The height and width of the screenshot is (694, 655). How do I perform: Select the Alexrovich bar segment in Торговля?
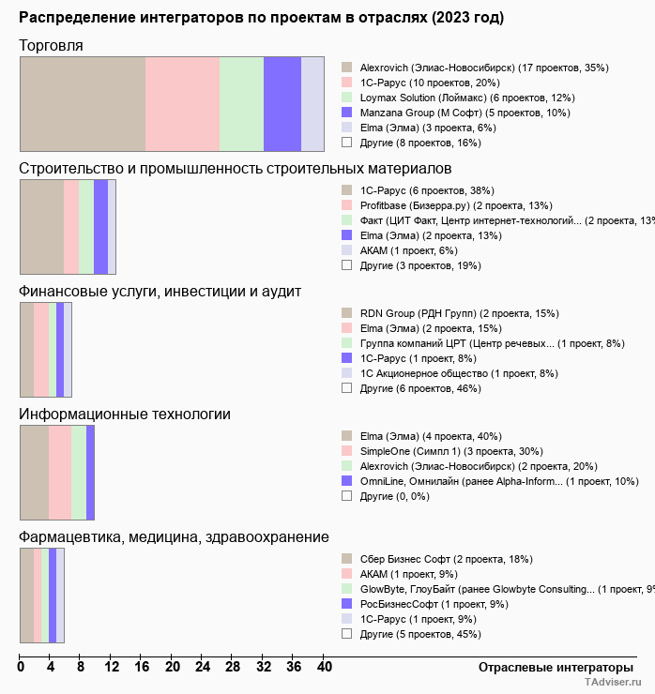[83, 103]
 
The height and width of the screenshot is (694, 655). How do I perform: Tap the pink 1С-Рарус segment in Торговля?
[182, 103]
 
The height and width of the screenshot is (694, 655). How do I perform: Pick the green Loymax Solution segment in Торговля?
[241, 103]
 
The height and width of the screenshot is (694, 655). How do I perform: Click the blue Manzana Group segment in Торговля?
[282, 103]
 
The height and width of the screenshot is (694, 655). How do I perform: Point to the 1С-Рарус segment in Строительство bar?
[41, 226]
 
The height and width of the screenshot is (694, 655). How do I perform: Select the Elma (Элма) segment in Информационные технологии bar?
[35, 472]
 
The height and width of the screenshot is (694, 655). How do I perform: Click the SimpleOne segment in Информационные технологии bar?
[60, 472]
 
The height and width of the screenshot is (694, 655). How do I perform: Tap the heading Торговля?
[51, 45]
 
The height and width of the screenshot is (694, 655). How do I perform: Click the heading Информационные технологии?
[125, 414]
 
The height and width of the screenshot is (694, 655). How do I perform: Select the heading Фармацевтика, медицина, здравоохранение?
[174, 536]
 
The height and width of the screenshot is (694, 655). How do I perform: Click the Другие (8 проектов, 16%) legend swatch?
[346, 143]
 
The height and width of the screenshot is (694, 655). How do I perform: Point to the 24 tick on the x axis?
[203, 667]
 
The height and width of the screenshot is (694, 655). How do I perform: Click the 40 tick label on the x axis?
[324, 667]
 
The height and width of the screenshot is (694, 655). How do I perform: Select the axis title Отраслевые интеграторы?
[550, 667]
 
